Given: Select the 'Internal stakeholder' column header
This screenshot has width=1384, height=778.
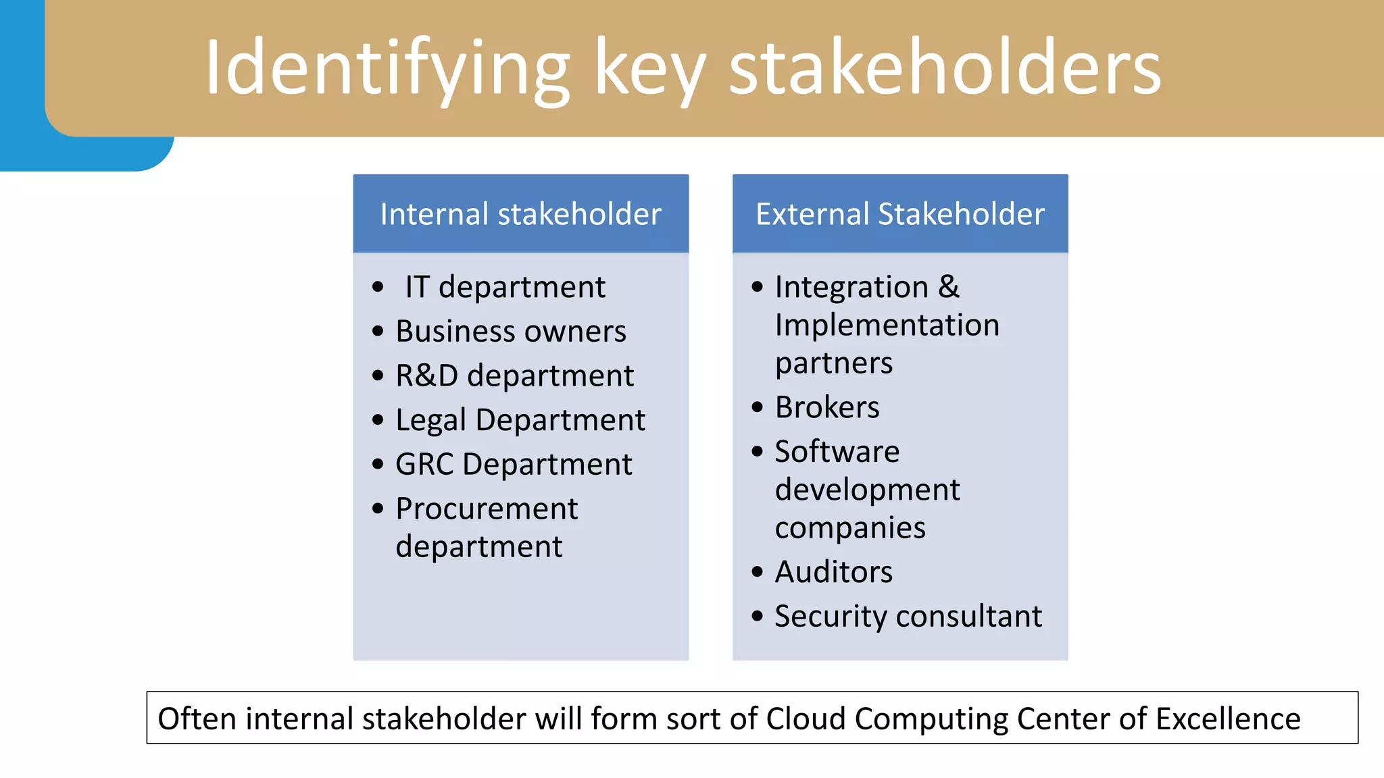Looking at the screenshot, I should [520, 214].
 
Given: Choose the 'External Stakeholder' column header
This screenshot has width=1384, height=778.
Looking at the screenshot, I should [900, 214].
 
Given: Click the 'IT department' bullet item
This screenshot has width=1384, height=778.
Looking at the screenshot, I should [505, 287].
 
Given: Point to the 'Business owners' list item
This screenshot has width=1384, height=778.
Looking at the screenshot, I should [511, 331].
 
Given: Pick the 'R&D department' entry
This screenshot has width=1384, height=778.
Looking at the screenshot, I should [514, 375].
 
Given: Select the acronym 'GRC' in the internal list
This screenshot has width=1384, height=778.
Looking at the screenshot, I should [424, 465].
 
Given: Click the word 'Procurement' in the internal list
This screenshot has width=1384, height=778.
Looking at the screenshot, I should [487, 509].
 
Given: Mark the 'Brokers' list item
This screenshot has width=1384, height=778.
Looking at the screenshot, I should [827, 407].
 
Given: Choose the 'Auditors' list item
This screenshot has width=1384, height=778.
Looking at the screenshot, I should [833, 572].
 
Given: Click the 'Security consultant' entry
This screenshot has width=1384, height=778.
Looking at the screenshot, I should [908, 616].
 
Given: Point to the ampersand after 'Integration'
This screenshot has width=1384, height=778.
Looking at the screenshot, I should [949, 287].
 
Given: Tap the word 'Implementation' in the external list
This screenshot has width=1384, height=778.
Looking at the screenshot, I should [887, 326].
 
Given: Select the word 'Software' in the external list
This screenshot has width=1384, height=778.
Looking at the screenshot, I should [837, 451].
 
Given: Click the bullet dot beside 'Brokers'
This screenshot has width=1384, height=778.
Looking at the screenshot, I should [758, 407].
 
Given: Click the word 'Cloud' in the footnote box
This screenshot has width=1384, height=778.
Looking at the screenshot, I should [806, 719].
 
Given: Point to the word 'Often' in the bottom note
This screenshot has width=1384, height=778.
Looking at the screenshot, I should [197, 719].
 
